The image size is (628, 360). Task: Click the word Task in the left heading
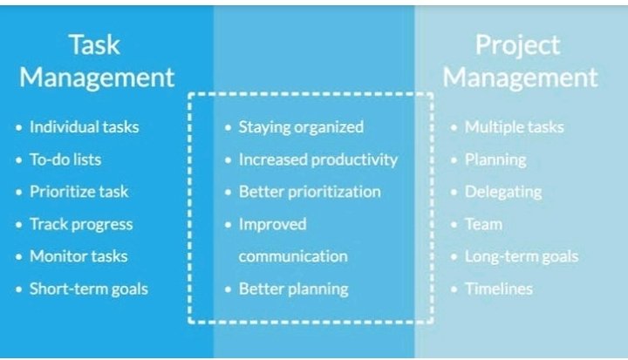[94, 44]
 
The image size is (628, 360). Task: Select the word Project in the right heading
[517, 45]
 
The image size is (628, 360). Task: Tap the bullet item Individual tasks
[84, 127]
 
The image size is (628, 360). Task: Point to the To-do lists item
[65, 160]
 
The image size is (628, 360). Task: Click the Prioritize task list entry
[78, 192]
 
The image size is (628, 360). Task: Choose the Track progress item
[81, 224]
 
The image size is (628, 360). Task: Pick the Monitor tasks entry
[78, 256]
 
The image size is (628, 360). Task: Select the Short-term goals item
[89, 289]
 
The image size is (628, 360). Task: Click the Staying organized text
[301, 127]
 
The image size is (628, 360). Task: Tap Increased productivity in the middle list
[318, 160]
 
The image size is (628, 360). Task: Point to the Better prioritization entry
[310, 192]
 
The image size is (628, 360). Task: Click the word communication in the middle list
[293, 256]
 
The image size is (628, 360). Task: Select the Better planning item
[294, 289]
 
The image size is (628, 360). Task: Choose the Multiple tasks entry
[515, 127]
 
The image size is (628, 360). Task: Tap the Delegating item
[503, 192]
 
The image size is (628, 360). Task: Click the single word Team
[483, 224]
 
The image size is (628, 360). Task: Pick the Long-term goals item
[522, 256]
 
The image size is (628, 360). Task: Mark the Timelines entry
[499, 289]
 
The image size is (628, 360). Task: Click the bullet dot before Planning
[454, 160]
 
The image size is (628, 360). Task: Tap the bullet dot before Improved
[229, 225]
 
